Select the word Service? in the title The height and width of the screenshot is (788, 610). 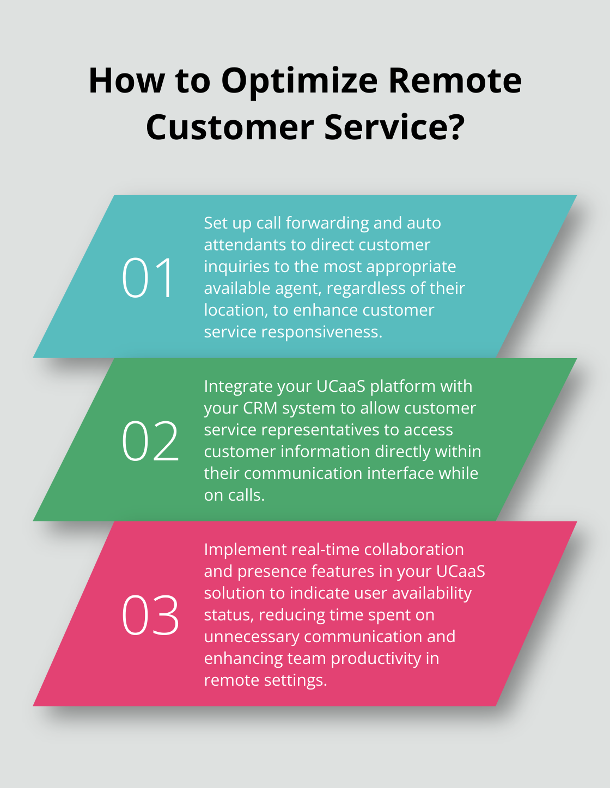394,128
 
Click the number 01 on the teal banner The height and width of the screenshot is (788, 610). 148,278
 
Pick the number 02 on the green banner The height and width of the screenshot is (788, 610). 150,441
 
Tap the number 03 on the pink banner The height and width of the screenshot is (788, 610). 150,615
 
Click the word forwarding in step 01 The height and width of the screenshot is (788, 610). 327,223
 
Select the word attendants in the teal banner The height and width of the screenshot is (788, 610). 245,245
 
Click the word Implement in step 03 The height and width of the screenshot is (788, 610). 245,550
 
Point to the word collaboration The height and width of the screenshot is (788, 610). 414,550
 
